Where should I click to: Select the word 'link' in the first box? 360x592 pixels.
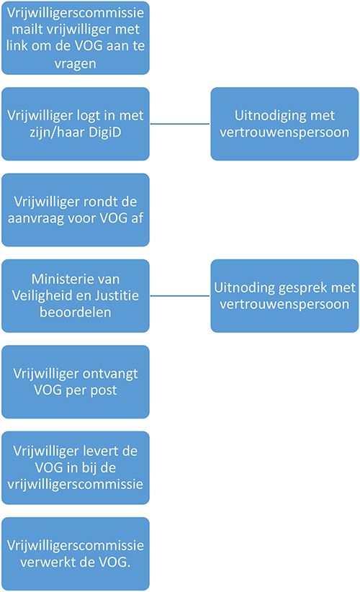[x=17, y=45]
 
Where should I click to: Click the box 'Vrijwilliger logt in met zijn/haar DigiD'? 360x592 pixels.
[x=76, y=124]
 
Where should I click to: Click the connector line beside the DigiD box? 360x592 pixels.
[x=180, y=124]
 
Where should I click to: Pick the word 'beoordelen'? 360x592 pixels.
[x=76, y=313]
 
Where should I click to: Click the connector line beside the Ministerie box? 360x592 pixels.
[x=180, y=295]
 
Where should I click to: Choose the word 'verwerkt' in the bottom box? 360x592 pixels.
[x=45, y=562]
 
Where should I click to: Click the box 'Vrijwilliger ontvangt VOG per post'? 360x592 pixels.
[x=76, y=382]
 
